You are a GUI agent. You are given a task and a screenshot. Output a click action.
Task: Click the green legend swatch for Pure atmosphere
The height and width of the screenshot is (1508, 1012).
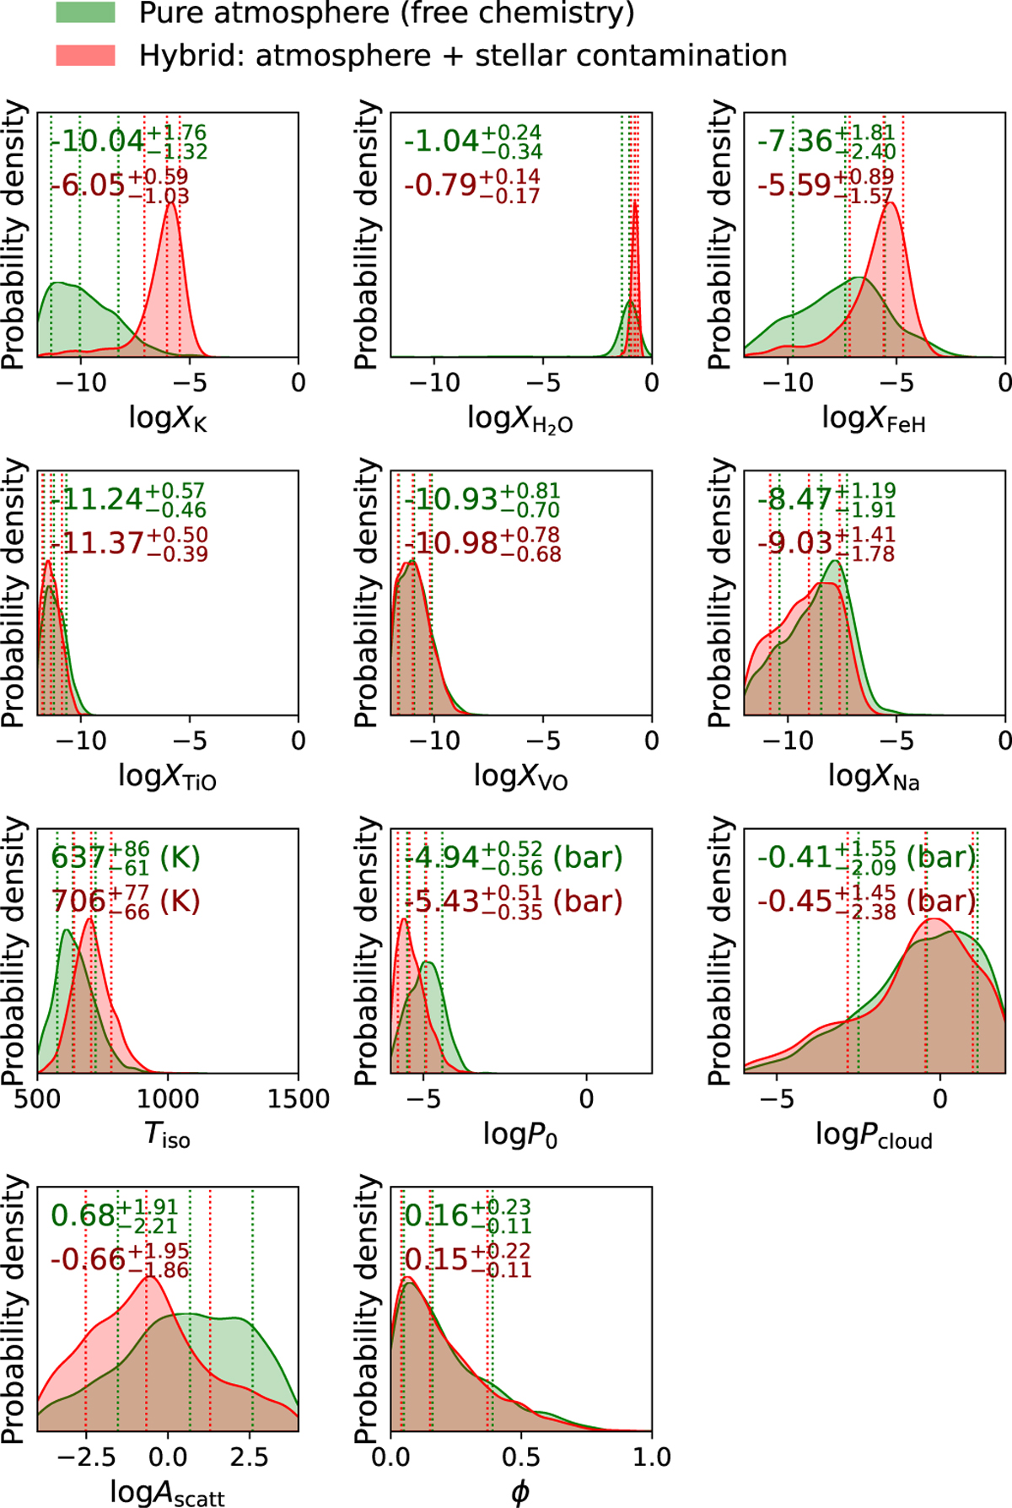coord(85,12)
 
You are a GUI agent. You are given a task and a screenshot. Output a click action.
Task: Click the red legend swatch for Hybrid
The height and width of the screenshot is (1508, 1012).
coord(85,56)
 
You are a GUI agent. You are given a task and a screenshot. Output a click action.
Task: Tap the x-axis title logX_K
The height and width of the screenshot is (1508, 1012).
coord(167,418)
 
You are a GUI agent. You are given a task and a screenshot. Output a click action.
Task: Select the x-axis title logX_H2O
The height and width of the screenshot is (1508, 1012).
coord(519,418)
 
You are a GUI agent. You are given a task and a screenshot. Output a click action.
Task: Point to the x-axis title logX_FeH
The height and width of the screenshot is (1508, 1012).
coord(874,418)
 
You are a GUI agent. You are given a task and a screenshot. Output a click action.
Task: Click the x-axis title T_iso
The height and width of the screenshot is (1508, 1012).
coord(167,1135)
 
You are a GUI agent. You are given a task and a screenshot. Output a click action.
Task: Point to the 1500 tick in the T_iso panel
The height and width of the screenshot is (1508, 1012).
coord(298,1099)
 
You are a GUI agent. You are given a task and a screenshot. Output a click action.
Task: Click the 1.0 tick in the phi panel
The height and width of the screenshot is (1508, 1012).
coord(651,1457)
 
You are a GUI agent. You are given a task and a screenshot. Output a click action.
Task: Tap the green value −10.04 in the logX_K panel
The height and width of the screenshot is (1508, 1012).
coord(97,141)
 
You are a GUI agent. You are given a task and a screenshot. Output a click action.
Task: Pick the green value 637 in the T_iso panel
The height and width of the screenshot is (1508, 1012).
coord(78,858)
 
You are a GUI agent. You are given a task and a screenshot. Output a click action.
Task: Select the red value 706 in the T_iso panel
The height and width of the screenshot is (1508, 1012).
coord(79,902)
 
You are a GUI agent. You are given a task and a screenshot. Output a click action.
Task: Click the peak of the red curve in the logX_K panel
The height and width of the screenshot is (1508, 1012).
coord(171,203)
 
